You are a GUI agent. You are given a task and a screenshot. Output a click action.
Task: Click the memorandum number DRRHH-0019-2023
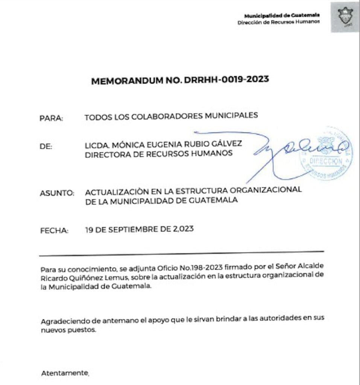click(226, 80)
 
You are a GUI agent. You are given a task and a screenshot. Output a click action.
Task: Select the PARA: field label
click(51, 118)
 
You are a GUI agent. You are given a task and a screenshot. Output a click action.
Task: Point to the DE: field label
click(47, 146)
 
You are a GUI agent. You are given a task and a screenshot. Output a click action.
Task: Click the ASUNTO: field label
click(56, 194)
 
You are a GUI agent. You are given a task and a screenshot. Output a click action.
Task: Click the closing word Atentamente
click(65, 373)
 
